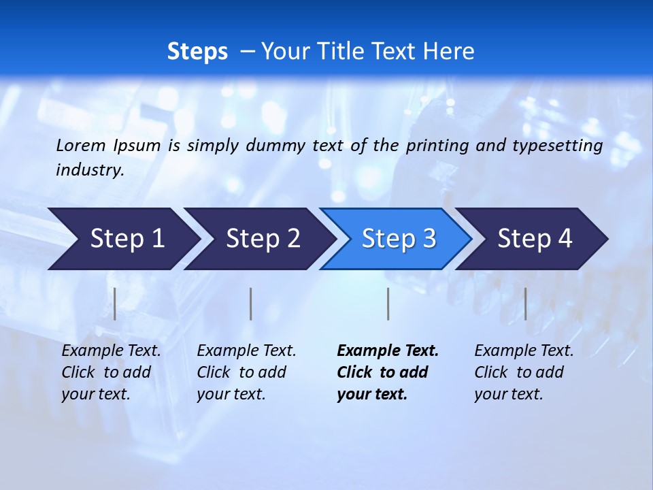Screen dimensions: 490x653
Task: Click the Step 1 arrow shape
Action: tap(127, 239)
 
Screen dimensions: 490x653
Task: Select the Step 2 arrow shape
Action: tap(263, 239)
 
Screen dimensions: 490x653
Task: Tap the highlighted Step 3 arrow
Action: tap(399, 239)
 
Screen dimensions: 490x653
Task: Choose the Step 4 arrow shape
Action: tap(535, 239)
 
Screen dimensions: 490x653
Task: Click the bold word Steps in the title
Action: tap(197, 52)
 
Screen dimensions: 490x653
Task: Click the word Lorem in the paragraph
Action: tap(80, 145)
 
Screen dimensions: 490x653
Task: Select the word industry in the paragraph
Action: tap(89, 170)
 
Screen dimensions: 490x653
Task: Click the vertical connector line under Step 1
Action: tap(115, 304)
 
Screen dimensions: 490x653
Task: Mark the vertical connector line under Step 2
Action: tap(251, 304)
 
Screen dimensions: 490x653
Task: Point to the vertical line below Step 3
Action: tap(388, 304)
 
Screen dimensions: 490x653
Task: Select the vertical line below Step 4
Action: tap(525, 304)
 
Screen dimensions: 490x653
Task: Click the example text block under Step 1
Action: tap(110, 372)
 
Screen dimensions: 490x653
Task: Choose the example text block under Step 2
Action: tap(246, 372)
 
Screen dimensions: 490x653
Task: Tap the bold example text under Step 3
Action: tap(387, 372)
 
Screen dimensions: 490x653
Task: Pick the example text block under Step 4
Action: tap(523, 372)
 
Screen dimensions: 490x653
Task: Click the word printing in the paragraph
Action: tap(437, 145)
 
